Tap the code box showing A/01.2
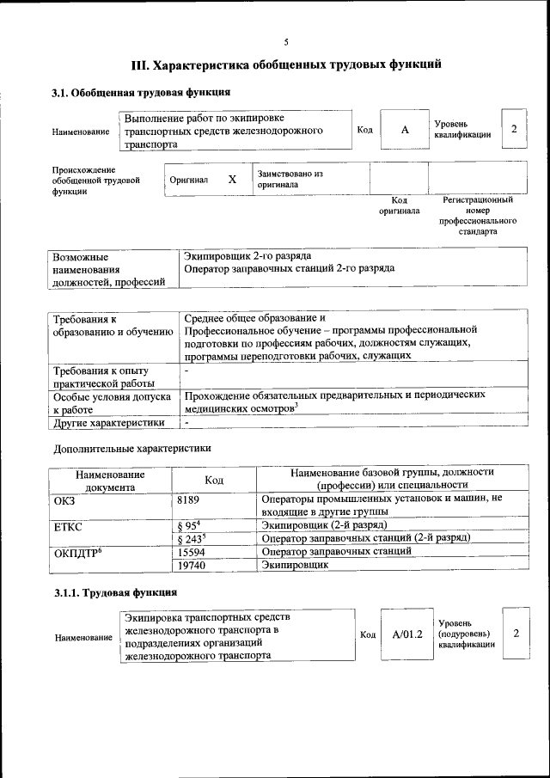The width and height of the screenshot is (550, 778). point(407,634)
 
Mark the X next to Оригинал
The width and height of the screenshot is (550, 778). point(232,180)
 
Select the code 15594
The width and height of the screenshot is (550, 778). point(191,552)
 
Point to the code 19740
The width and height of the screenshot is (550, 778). point(191,566)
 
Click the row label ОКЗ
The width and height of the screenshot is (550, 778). point(64,499)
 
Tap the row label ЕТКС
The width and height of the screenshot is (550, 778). point(68,525)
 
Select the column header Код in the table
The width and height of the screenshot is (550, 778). point(215,480)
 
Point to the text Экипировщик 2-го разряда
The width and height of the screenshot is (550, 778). point(247,255)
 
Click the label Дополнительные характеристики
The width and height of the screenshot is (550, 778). point(131,448)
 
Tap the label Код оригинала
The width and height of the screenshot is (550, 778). point(399,205)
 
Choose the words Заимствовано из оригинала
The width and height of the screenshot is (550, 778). point(290,179)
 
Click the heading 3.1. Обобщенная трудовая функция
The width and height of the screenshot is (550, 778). point(141,92)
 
